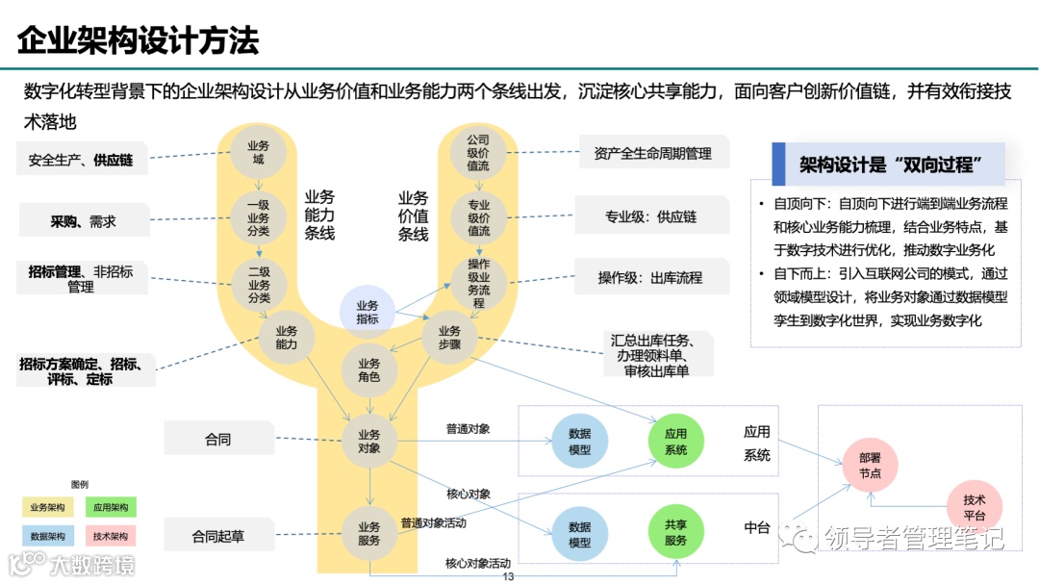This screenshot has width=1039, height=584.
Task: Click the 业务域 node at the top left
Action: point(258,152)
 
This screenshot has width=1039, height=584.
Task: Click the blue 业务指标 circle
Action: point(367,312)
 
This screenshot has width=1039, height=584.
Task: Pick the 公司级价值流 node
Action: point(478,152)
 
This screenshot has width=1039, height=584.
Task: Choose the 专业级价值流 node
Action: point(478,218)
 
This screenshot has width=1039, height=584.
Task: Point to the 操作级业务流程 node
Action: point(478,284)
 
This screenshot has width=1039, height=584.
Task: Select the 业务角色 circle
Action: point(369,370)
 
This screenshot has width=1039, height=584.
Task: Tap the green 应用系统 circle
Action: point(676,442)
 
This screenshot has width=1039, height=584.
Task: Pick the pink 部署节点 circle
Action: point(870,467)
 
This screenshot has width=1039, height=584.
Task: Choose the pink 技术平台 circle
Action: point(974,507)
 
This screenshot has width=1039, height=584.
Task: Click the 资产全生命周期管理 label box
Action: point(652,153)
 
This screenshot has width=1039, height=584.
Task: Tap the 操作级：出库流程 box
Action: point(650,278)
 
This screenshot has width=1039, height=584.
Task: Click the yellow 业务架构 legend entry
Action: point(47,507)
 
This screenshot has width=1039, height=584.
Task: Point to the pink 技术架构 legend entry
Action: point(110,536)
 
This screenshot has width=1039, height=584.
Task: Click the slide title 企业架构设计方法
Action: point(138,41)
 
